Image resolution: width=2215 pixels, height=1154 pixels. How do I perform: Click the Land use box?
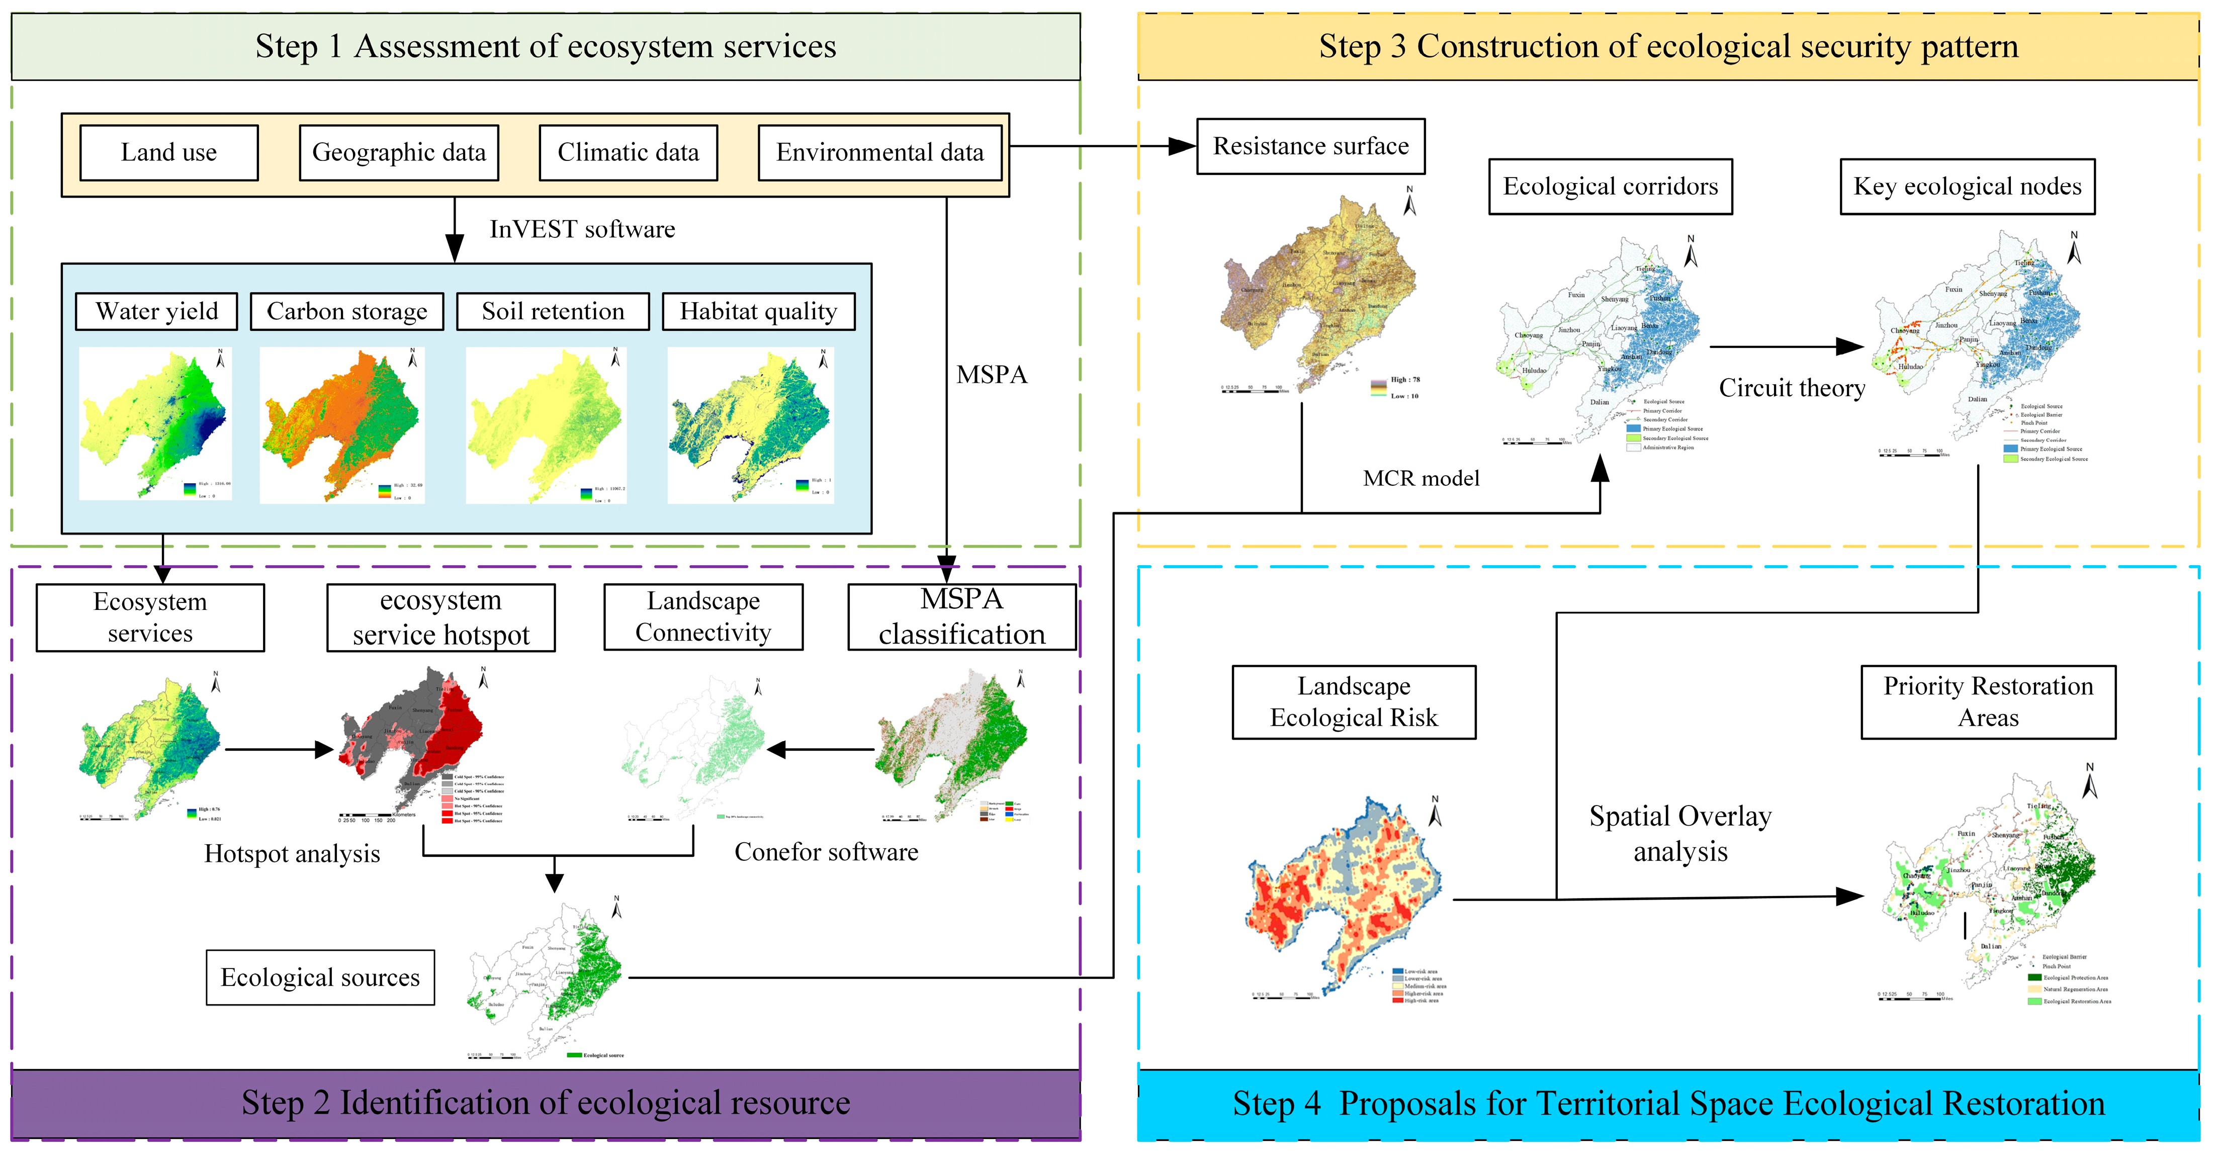coord(168,153)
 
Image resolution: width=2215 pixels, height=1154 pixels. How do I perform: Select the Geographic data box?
coord(398,153)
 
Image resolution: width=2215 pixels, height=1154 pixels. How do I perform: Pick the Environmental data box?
coord(879,153)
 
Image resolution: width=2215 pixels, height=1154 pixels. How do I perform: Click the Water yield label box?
coord(156,311)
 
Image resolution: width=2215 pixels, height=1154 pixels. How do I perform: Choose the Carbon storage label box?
coord(346,311)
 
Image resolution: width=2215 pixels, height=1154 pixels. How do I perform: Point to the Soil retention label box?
coord(553,311)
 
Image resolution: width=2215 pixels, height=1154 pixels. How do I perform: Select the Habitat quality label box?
coord(758,311)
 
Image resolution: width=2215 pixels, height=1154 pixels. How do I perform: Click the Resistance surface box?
coord(1310,147)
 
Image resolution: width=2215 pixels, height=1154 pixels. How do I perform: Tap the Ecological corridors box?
coord(1610,187)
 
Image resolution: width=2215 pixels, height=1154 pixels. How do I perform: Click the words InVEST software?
coord(582,230)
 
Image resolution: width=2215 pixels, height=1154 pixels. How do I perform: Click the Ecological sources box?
coord(320,978)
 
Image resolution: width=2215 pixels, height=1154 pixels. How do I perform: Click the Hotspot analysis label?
coord(292,854)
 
